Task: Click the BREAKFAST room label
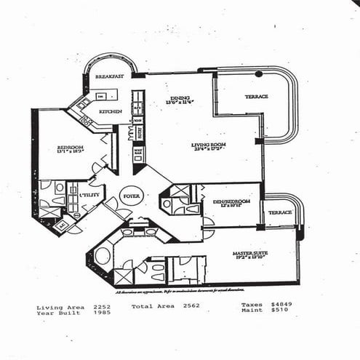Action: click(x=108, y=76)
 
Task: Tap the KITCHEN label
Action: click(x=110, y=111)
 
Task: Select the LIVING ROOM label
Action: click(x=207, y=145)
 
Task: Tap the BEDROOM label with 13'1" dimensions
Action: click(x=71, y=148)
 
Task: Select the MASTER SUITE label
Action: click(x=251, y=254)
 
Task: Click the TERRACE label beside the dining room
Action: click(x=256, y=96)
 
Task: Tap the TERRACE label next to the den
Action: click(x=280, y=212)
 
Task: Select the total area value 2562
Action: click(x=191, y=308)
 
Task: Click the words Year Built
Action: click(x=56, y=313)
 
